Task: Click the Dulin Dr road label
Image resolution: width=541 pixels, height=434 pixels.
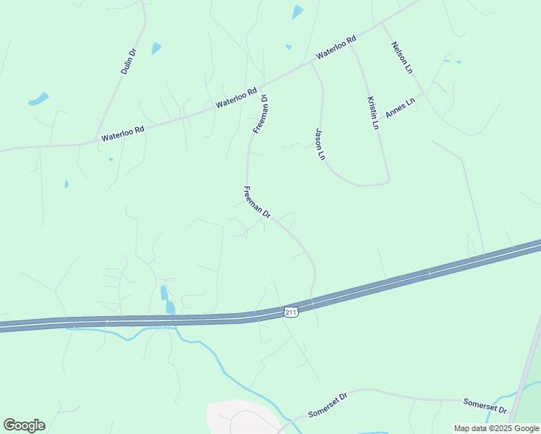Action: (128, 62)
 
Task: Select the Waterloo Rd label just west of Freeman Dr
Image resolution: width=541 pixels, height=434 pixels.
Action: (237, 98)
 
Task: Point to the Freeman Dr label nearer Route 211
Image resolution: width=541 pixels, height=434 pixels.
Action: (257, 203)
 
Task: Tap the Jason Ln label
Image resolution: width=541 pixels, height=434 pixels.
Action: (319, 144)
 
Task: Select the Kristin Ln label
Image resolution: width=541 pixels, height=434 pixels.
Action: (372, 113)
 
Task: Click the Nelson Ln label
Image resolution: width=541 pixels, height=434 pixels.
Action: (401, 58)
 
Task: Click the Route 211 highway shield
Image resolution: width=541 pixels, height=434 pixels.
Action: (291, 311)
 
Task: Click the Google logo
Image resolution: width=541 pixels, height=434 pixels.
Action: (24, 425)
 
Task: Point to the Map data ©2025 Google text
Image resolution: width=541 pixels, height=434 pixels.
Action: (496, 428)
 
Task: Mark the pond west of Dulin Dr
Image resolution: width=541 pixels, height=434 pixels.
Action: (38, 99)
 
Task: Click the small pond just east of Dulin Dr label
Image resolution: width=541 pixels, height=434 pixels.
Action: (156, 48)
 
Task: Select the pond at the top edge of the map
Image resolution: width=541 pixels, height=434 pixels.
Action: (297, 12)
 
